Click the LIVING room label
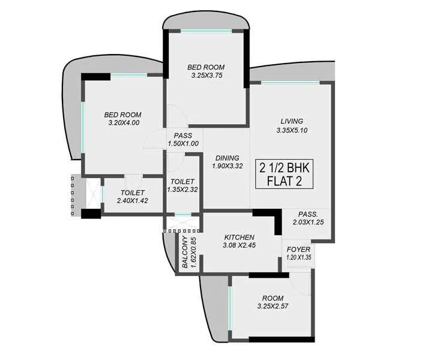(x=291, y=121)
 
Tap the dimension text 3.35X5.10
(x=292, y=130)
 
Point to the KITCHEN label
(x=240, y=237)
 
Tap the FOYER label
(x=298, y=249)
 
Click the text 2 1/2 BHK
(x=288, y=166)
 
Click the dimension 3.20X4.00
(x=123, y=123)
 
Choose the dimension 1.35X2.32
(x=182, y=190)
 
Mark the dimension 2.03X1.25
(x=308, y=223)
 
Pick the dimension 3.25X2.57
(x=273, y=307)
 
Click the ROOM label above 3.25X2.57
(x=273, y=298)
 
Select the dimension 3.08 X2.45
(x=240, y=245)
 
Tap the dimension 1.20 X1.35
(x=299, y=258)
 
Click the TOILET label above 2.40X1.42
(x=131, y=193)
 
